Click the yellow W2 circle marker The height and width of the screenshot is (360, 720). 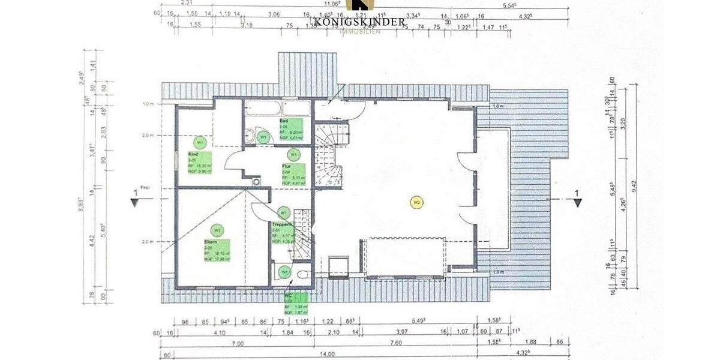(x=416, y=203)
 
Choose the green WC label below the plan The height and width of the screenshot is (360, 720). (x=296, y=304)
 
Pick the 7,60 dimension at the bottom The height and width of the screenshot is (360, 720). (x=396, y=343)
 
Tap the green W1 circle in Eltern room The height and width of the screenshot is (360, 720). (x=217, y=230)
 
